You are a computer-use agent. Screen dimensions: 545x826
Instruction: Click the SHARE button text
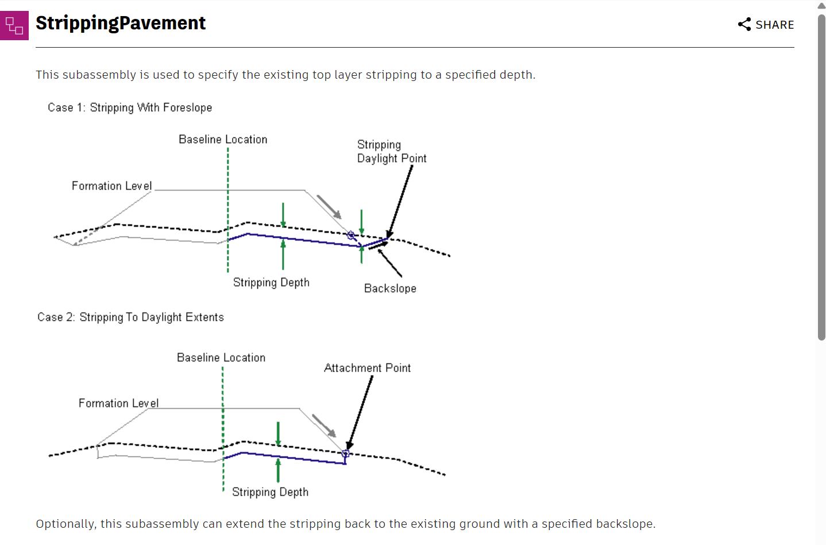pos(774,25)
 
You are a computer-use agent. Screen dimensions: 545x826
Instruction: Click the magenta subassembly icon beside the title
pos(14,25)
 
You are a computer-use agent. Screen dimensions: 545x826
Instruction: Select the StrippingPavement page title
pos(121,23)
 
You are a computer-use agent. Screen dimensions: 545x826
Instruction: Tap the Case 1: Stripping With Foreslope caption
pos(130,107)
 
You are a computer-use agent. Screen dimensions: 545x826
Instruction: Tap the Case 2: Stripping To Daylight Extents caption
pos(130,317)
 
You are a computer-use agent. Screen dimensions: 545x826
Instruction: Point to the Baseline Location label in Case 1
pos(223,140)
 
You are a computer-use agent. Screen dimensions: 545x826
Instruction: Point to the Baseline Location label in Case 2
pos(221,358)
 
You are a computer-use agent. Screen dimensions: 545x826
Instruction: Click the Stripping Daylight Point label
pos(391,152)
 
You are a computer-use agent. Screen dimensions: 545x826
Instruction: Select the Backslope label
pos(390,288)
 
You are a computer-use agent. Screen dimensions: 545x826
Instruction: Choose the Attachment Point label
pos(367,368)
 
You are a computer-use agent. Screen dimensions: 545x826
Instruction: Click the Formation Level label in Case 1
pos(112,186)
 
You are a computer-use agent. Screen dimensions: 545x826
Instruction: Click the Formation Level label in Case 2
pos(119,403)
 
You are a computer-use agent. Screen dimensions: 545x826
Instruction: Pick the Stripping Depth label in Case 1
pos(271,283)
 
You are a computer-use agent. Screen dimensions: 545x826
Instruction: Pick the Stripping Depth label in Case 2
pos(270,492)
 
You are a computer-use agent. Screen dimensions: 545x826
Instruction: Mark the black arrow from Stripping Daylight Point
pos(400,201)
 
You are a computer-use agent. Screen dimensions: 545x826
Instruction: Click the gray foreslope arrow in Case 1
pos(329,207)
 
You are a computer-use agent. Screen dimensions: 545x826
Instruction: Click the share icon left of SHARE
pos(744,24)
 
